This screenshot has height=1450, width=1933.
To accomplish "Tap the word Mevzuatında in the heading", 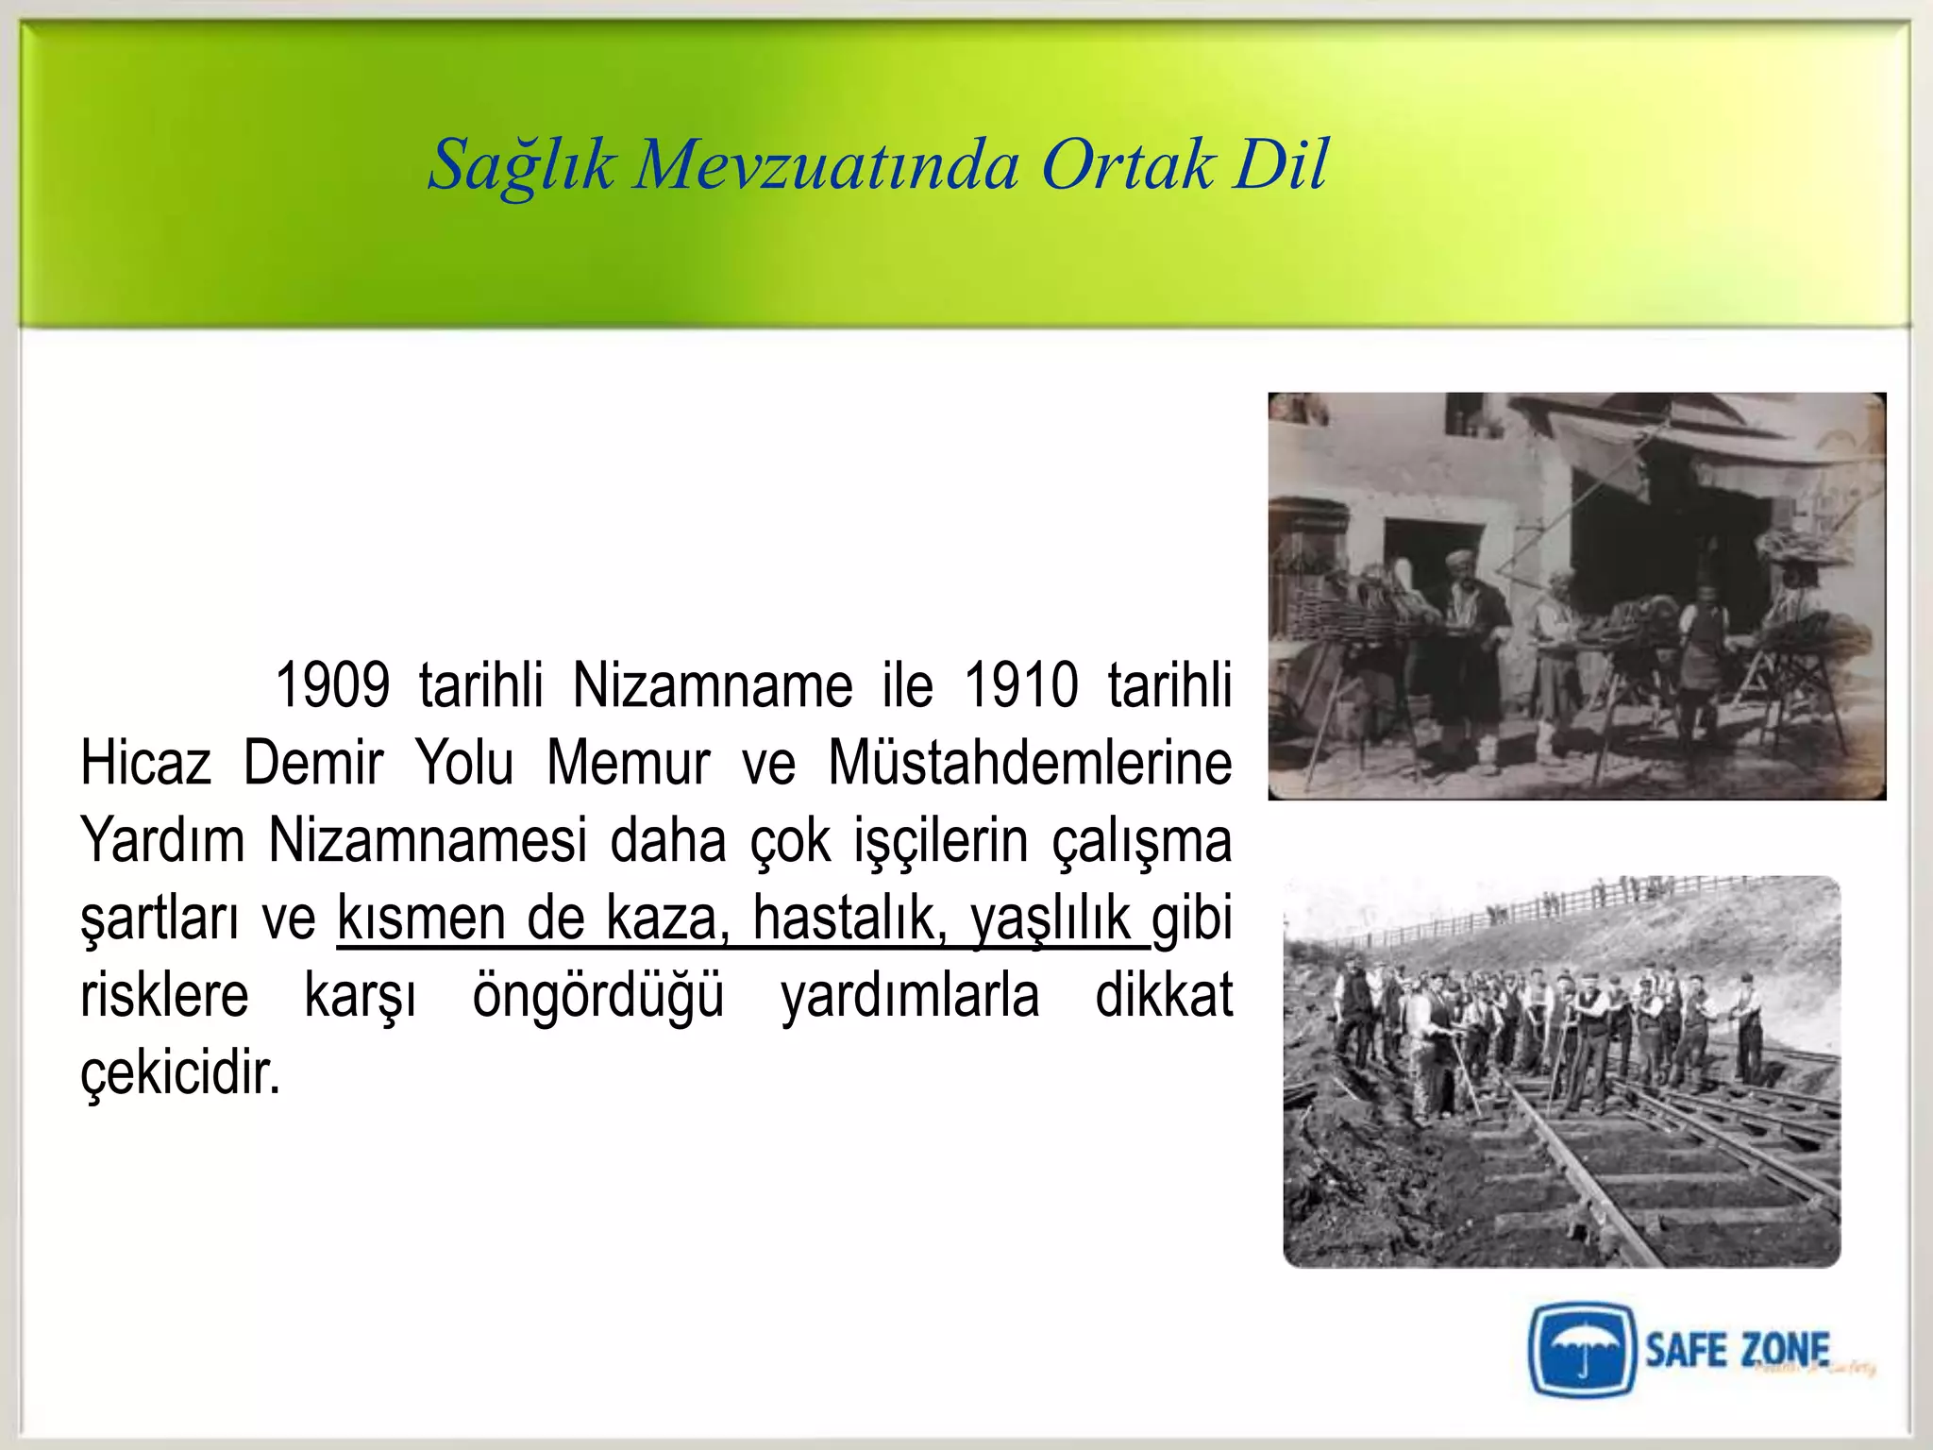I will pyautogui.click(x=827, y=166).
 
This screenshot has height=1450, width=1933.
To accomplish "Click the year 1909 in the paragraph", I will pyautogui.click(x=331, y=685).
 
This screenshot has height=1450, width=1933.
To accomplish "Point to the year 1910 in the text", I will pyautogui.click(x=1020, y=685).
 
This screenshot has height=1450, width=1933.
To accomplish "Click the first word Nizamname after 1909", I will pyautogui.click(x=713, y=685).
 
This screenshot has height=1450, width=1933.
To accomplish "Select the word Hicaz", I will pyautogui.click(x=145, y=763).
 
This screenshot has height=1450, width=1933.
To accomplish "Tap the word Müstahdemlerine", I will pyautogui.click(x=1029, y=763).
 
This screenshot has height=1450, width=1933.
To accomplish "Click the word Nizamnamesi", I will pyautogui.click(x=427, y=840).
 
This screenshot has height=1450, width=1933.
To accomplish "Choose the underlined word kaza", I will pyautogui.click(x=667, y=918).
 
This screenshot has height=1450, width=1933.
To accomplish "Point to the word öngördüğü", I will pyautogui.click(x=598, y=995).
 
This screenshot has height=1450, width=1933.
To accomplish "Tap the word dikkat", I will pyautogui.click(x=1164, y=995).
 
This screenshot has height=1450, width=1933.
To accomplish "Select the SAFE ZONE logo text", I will pyautogui.click(x=1737, y=1350).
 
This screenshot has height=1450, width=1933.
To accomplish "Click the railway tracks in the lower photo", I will pyautogui.click(x=1605, y=1180).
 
